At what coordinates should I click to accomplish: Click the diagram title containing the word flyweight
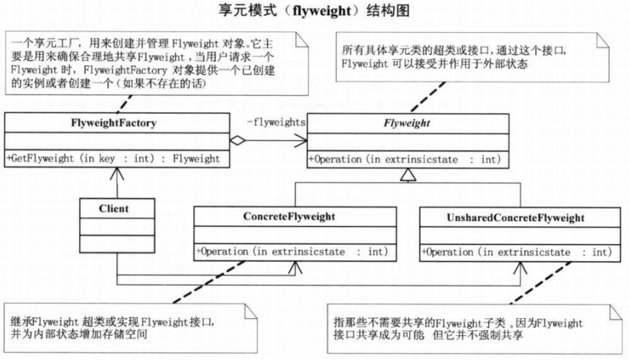click(313, 11)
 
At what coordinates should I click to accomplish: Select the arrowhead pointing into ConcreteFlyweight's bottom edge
click(293, 268)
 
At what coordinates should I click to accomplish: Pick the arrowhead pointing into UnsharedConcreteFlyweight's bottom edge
click(519, 268)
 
